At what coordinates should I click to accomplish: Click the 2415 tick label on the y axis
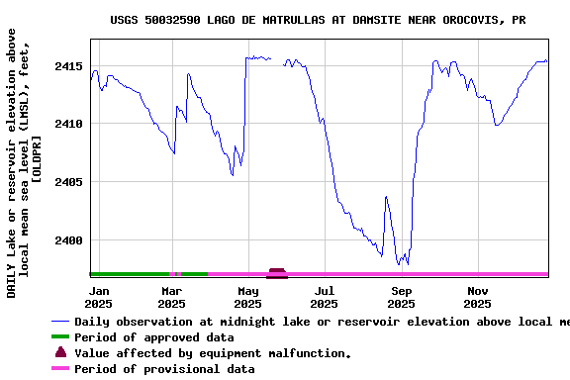click(x=68, y=66)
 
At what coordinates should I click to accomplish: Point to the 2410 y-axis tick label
click(x=68, y=125)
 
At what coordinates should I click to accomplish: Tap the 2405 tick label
click(x=68, y=183)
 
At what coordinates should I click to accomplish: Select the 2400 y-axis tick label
click(x=68, y=240)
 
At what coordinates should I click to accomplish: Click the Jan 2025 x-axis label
click(x=99, y=297)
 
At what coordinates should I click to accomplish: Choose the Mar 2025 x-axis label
click(x=172, y=297)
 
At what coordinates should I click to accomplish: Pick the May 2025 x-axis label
click(x=248, y=297)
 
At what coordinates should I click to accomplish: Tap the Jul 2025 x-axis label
click(x=324, y=297)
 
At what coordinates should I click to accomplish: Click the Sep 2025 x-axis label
click(x=401, y=297)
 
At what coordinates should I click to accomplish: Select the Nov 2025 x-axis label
click(x=478, y=297)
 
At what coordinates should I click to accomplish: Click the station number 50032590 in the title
click(x=172, y=20)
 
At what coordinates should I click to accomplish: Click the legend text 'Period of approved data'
click(x=154, y=337)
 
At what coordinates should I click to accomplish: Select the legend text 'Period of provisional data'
click(x=164, y=369)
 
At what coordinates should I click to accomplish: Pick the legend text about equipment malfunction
click(x=213, y=353)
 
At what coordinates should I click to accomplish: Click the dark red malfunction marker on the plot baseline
click(x=277, y=272)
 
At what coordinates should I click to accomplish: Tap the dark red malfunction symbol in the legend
click(x=61, y=352)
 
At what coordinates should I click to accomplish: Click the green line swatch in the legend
click(x=61, y=337)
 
